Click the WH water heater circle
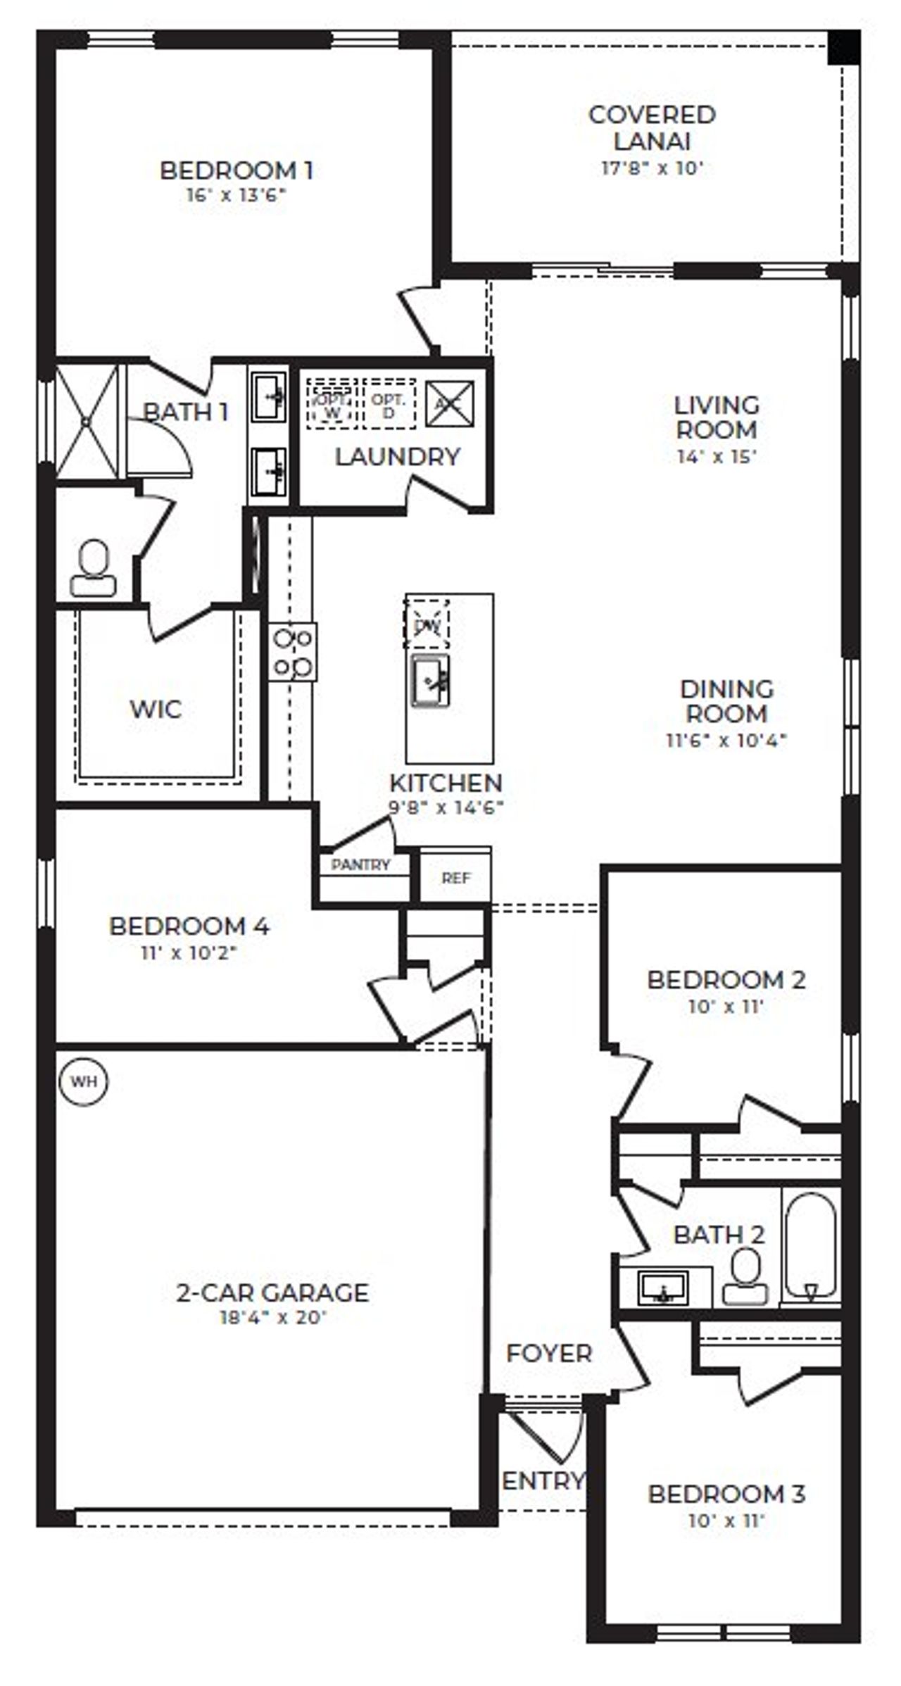click(84, 1081)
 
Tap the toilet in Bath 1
click(93, 569)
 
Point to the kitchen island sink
click(430, 680)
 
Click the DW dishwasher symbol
click(427, 624)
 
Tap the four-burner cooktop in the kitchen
click(293, 652)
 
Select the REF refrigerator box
click(455, 878)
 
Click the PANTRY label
click(360, 865)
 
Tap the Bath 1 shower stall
click(87, 421)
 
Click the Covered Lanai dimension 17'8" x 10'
click(652, 168)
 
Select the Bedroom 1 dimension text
click(237, 195)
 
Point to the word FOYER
click(549, 1353)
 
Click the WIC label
click(156, 709)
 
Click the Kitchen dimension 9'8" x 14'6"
click(446, 807)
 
